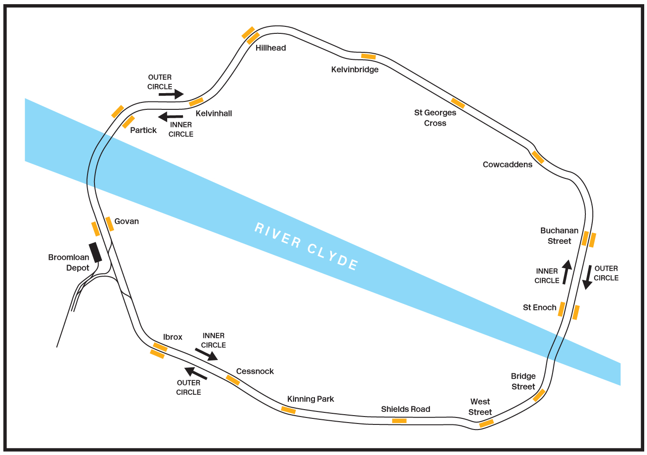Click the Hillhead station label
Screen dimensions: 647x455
pos(270,48)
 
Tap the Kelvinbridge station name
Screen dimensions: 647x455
pos(355,70)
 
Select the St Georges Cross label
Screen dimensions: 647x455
pos(435,118)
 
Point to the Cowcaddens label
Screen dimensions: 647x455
pos(507,164)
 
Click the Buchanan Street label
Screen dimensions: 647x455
pos(559,236)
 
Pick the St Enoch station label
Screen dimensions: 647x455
pos(539,307)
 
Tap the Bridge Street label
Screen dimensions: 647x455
pos(523,381)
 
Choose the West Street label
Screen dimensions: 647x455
pos(480,407)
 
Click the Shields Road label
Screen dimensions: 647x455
pos(406,409)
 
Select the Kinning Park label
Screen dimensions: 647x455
pos(310,399)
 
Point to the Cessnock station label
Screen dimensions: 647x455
pos(255,371)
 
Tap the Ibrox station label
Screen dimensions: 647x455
pos(173,337)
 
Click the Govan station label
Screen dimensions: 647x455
pos(126,221)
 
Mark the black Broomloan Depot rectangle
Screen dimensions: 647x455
pos(95,253)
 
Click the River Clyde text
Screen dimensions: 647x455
pos(306,246)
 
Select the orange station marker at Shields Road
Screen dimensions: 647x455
pos(399,421)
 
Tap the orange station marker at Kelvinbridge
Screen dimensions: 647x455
pos(368,57)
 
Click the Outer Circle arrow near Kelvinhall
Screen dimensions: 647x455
pos(171,94)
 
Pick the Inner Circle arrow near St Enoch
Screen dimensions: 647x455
pos(567,272)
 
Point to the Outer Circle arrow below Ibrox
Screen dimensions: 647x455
pos(195,373)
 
